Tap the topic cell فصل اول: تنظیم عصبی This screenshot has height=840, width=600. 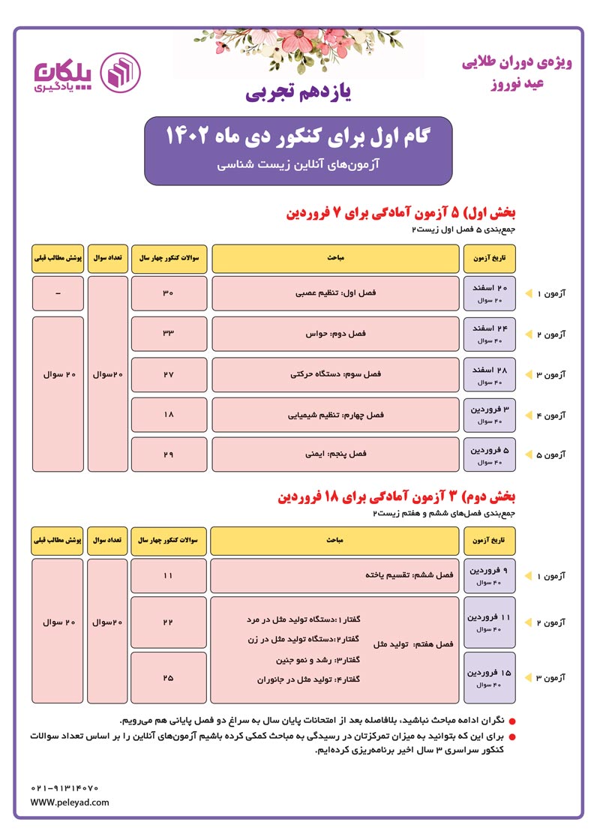(335, 293)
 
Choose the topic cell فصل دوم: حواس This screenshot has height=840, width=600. (335, 334)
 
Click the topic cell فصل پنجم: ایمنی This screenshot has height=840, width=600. (335, 454)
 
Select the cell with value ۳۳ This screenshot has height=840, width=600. (167, 334)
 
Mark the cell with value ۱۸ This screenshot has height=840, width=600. (167, 415)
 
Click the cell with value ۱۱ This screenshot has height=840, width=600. (167, 575)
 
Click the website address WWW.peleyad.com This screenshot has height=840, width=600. (70, 802)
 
